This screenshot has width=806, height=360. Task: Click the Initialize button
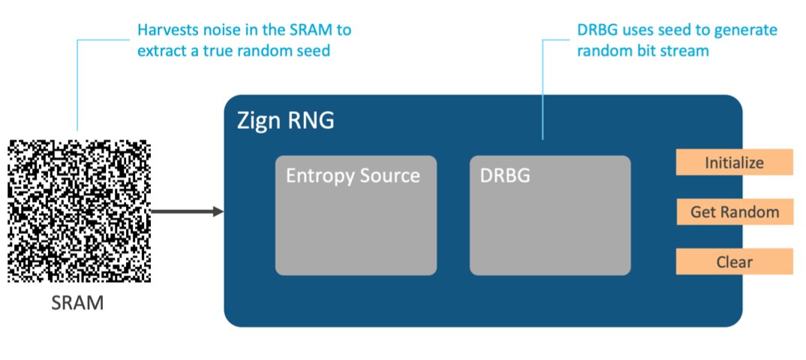pos(734,163)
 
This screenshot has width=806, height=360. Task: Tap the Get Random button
pos(734,212)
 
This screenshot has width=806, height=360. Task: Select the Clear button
pos(734,262)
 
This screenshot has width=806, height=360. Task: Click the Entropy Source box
pos(356,215)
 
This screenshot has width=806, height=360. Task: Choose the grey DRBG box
pos(549,215)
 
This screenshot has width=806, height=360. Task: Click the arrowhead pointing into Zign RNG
pos(218,212)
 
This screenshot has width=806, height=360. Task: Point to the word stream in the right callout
pos(684,52)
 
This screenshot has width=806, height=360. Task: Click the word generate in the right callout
pos(744,31)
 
